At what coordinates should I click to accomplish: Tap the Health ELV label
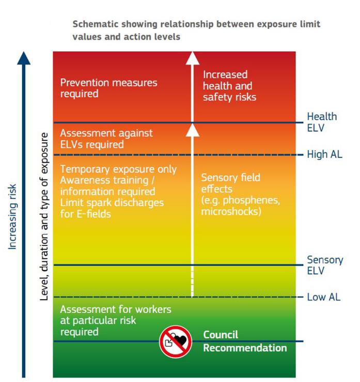pyautogui.click(x=321, y=122)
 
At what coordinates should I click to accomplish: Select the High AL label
pyautogui.click(x=324, y=155)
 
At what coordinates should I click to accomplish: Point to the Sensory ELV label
pyautogui.click(x=324, y=265)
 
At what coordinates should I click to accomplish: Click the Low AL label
pyautogui.click(x=323, y=297)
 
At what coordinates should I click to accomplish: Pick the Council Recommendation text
pyautogui.click(x=244, y=341)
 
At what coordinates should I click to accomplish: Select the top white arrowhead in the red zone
pyautogui.click(x=192, y=57)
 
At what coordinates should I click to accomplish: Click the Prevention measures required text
pyautogui.click(x=108, y=88)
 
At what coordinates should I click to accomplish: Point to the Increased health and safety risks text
pyautogui.click(x=229, y=85)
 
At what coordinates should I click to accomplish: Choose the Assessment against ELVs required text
pyautogui.click(x=106, y=139)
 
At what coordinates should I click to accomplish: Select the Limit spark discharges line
pyautogui.click(x=112, y=202)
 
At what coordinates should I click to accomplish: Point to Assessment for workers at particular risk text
pyautogui.click(x=115, y=320)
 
